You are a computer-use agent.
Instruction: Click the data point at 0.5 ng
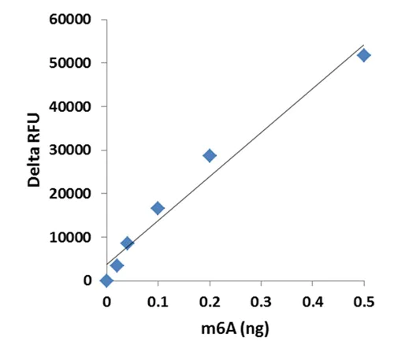tap(363, 55)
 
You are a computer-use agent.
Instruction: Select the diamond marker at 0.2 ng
tap(210, 155)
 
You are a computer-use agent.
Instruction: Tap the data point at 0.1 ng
tap(158, 208)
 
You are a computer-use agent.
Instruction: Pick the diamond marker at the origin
tap(106, 280)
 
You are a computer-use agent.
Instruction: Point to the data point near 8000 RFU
tap(127, 243)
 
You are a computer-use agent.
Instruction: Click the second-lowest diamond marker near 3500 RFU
tap(117, 265)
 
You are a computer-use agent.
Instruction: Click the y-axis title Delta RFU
tap(34, 149)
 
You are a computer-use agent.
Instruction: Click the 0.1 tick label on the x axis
tap(158, 300)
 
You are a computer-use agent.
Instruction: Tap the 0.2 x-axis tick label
tap(210, 300)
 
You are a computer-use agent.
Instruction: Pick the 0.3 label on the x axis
tap(261, 300)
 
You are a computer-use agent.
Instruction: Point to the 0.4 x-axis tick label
tap(313, 300)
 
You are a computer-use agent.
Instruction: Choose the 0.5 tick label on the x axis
tap(364, 300)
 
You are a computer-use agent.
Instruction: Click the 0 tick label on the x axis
tap(106, 300)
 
